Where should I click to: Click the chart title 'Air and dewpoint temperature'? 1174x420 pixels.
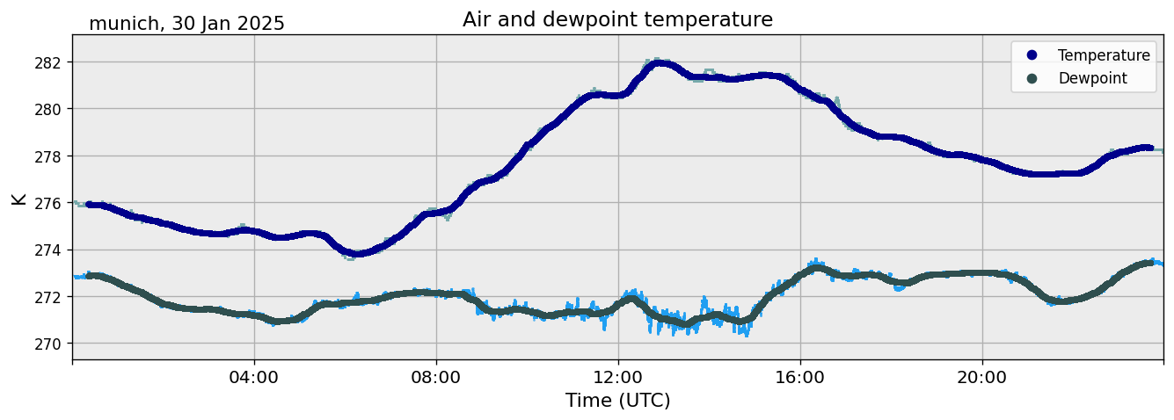tap(617, 19)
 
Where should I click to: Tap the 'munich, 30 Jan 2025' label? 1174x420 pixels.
tap(186, 24)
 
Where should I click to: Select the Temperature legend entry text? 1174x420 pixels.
tap(1104, 55)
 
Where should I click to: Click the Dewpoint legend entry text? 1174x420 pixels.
tap(1092, 78)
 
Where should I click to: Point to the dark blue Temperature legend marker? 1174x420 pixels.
tap(1032, 55)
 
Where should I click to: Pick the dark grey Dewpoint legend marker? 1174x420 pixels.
tap(1032, 78)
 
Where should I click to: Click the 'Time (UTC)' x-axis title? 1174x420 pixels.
tap(617, 401)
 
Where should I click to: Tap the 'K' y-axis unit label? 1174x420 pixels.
tap(18, 199)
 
